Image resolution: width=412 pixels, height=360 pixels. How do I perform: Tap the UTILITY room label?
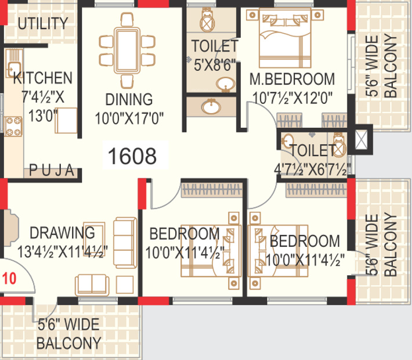42,24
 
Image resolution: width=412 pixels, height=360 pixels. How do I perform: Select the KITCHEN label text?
43,78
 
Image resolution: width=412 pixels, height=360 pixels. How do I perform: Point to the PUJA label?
52,170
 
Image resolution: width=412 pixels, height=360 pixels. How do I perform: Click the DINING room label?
129,99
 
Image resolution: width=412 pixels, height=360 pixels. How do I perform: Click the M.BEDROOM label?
292,79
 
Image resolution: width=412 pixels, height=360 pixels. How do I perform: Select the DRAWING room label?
62,233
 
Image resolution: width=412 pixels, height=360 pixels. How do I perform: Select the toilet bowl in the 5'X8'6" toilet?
207,22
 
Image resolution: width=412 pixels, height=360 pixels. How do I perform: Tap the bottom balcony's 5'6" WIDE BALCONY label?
68,333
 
